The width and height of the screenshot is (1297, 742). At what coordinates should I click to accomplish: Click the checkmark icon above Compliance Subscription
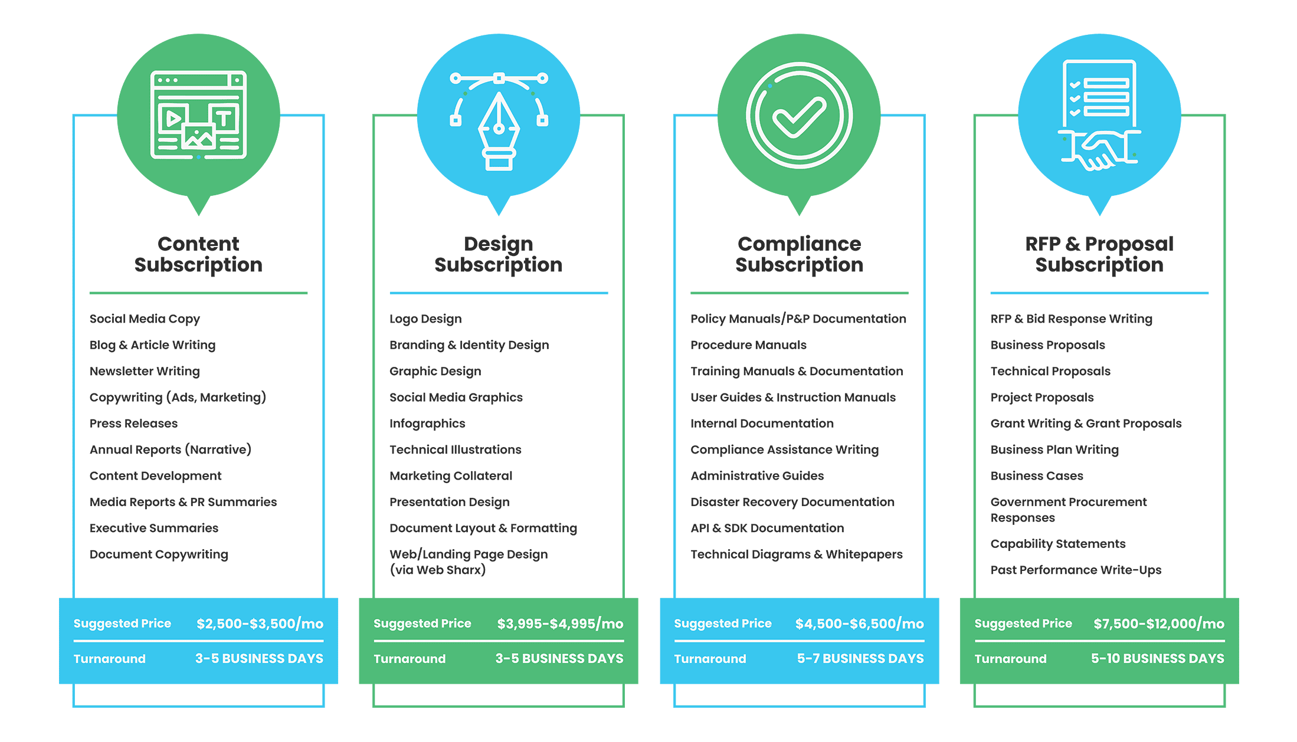point(799,116)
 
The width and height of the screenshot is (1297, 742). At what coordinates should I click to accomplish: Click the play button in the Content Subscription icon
point(173,119)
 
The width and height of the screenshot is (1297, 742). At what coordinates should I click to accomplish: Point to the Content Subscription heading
point(198,254)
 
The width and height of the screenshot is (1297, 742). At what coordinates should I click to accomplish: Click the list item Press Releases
point(133,423)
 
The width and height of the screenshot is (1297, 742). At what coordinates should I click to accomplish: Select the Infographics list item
point(427,423)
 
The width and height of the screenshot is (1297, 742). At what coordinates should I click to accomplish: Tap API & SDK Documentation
point(767,528)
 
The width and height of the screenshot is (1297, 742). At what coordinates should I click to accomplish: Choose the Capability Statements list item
point(1058,544)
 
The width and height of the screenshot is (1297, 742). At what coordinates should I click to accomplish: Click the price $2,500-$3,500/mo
point(260,623)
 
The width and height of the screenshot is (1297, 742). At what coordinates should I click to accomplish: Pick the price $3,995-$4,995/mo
point(560,623)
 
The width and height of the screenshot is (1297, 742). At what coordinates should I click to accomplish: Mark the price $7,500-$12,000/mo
point(1159,623)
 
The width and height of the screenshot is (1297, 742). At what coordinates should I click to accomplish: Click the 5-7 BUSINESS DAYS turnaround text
point(860,658)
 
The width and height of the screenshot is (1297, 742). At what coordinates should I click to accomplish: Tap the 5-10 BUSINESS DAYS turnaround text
point(1158,658)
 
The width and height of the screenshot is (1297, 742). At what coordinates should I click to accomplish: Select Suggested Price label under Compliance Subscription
point(723,623)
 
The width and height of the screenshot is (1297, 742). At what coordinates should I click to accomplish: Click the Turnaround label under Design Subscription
point(410,659)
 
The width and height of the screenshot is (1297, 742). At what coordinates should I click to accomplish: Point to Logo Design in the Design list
point(425,319)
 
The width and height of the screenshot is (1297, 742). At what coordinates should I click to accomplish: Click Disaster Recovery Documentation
point(792,502)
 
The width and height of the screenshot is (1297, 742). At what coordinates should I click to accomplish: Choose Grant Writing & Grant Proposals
point(1086,423)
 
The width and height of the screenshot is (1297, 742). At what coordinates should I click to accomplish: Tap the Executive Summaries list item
point(154,528)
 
